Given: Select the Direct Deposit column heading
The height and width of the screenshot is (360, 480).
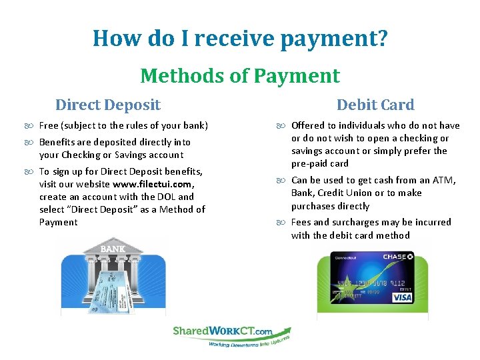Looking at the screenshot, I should click(108, 105).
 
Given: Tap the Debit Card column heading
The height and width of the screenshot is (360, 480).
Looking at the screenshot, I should click(375, 105).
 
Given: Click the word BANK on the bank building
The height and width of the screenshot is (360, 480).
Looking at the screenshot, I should click(112, 249).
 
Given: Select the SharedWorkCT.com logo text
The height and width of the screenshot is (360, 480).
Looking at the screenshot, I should click(222, 331).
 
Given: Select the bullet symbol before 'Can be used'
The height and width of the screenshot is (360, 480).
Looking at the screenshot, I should click(282, 181).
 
